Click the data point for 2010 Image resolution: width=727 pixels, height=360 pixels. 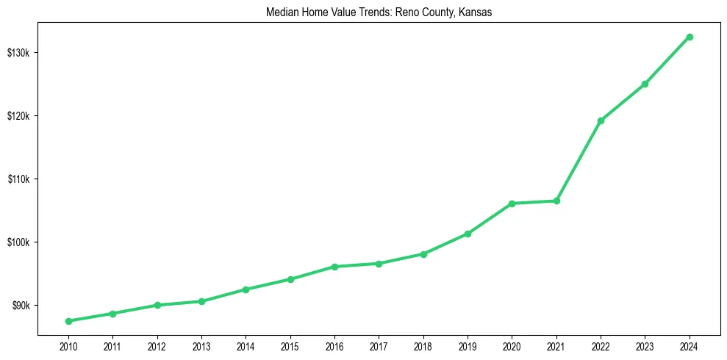[x=68, y=321]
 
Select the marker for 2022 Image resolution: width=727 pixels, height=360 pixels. [x=601, y=120]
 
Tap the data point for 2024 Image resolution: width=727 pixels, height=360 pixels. [x=690, y=37]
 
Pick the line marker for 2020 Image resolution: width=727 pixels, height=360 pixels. [x=512, y=204]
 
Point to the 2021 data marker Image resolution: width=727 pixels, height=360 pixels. [x=556, y=201]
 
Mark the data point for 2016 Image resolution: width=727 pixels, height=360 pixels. [x=334, y=267]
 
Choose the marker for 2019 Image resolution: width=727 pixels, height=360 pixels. [x=468, y=234]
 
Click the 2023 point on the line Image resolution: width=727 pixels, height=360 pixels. [x=645, y=84]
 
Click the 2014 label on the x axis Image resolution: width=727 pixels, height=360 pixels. [x=246, y=345]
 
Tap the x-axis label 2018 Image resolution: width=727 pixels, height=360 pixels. [x=423, y=345]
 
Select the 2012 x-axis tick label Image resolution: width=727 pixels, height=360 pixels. [x=157, y=345]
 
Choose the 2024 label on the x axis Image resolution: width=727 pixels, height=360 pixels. [x=690, y=345]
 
